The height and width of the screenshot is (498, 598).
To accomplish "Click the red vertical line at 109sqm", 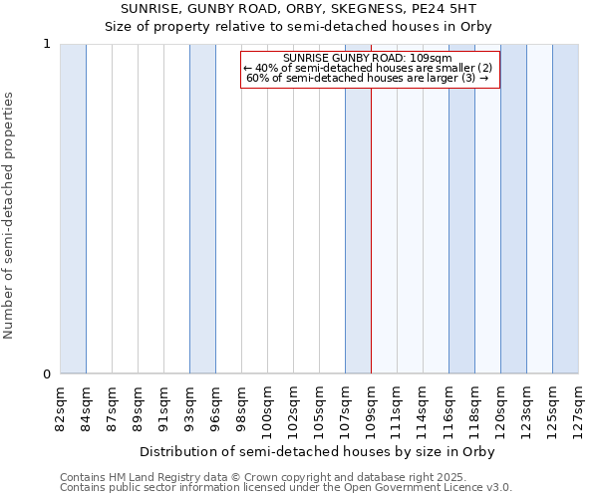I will pos(371,249).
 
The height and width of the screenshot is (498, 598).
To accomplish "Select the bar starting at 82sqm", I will pos(73,209).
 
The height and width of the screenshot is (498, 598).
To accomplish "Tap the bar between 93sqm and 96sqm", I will pos(202,209).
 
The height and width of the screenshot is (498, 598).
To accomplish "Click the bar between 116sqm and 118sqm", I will pos(461,209).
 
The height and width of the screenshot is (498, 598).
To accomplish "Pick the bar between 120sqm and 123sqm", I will pos(513,209).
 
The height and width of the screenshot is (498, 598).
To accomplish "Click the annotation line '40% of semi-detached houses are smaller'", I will pos(370,68).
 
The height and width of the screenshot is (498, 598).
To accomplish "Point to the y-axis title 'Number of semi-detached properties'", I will pos(9,216).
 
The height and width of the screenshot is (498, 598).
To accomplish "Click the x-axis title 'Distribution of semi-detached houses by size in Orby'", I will pos(317,451).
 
